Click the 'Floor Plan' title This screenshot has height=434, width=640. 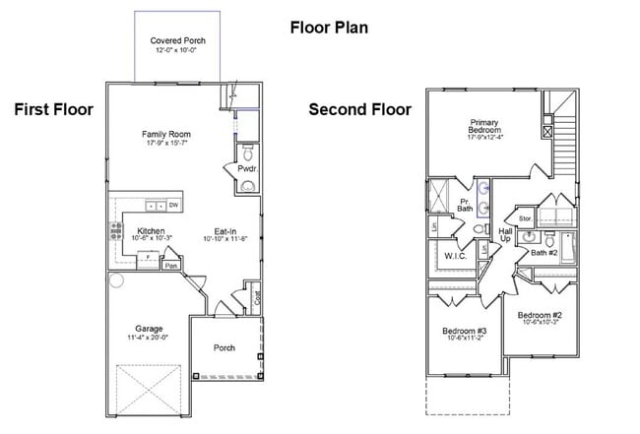click(x=329, y=27)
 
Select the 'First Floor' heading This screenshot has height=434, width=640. click(x=53, y=109)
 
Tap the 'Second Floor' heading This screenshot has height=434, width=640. click(x=360, y=109)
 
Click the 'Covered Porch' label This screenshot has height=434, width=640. click(x=177, y=41)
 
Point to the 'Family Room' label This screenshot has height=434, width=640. click(x=165, y=134)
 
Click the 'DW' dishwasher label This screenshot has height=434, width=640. click(x=173, y=206)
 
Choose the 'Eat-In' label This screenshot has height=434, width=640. click(x=224, y=231)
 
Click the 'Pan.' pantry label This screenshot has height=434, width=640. click(x=171, y=265)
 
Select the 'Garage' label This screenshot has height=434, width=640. click(x=149, y=328)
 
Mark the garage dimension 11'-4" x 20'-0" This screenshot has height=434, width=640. click(x=149, y=338)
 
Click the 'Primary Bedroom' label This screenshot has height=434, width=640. click(x=483, y=127)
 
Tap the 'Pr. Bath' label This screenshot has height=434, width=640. click(x=466, y=204)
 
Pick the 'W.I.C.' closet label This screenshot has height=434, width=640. click(x=454, y=256)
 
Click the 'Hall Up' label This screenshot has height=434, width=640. click(x=505, y=234)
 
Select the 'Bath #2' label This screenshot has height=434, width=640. click(x=544, y=253)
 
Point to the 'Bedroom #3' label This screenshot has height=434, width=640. click(x=464, y=330)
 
